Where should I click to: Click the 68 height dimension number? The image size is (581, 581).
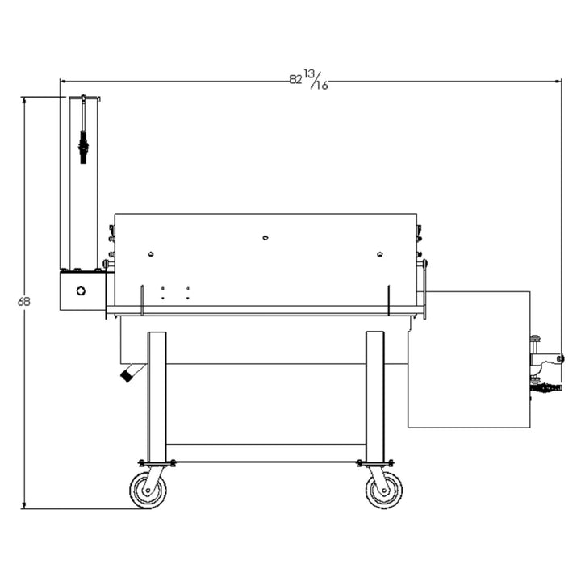click(23, 302)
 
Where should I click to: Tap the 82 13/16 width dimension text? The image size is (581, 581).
click(308, 79)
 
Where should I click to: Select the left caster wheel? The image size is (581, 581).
click(148, 490)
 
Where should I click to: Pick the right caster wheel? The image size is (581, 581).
click(383, 490)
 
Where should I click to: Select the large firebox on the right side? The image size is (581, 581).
click(469, 358)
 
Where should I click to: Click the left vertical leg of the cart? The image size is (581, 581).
click(157, 395)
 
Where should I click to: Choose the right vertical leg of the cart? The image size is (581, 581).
click(375, 395)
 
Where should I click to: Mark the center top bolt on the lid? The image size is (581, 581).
click(265, 238)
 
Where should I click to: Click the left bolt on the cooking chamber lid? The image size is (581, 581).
click(151, 254)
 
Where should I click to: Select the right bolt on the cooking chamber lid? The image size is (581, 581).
click(379, 254)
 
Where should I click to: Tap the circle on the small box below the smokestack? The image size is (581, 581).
click(81, 291)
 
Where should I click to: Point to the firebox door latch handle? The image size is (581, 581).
click(549, 358)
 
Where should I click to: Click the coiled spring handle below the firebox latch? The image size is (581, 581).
click(545, 388)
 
